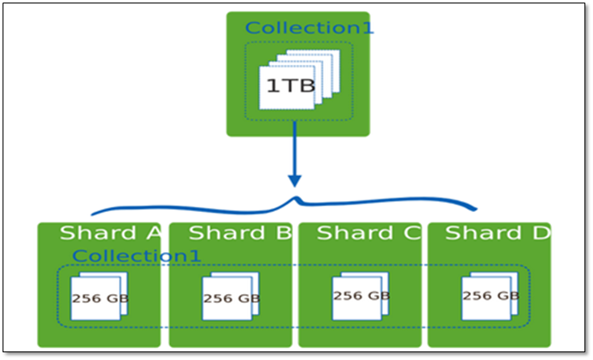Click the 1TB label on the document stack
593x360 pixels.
click(285, 86)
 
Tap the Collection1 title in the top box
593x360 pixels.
click(309, 27)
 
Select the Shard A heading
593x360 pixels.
click(110, 233)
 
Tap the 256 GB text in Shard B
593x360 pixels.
click(232, 298)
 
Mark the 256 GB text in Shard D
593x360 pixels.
click(490, 296)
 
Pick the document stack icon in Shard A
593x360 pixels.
click(99, 298)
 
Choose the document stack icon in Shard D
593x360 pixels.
click(489, 296)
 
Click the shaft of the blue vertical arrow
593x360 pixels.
click(295, 150)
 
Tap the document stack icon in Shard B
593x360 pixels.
click(230, 298)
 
